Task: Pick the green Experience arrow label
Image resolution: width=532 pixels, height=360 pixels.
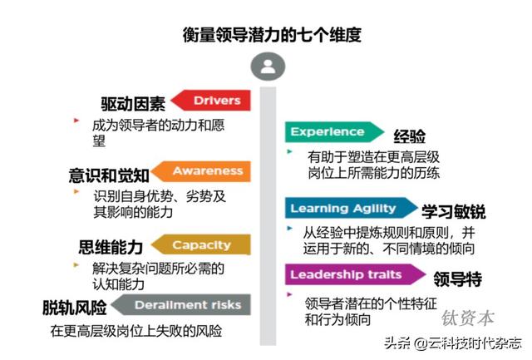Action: point(330,132)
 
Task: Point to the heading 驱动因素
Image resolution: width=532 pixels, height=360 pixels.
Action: point(132,103)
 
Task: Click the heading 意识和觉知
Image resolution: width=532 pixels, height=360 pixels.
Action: point(109,175)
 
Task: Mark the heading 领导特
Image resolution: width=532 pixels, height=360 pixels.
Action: point(457,278)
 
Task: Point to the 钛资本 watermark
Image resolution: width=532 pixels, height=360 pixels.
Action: point(468,317)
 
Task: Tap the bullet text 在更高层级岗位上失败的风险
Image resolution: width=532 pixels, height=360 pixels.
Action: point(136,331)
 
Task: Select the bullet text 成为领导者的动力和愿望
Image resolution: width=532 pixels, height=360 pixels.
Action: point(157,132)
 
